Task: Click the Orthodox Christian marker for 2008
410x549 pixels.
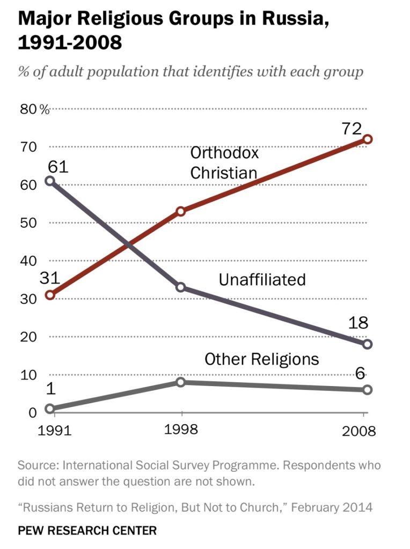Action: click(x=367, y=139)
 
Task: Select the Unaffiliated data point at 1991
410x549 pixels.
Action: click(x=50, y=181)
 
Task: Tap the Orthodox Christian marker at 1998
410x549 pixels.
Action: click(x=181, y=211)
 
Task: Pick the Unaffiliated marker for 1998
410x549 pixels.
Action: click(x=181, y=287)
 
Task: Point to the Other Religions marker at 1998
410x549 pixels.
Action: click(x=181, y=382)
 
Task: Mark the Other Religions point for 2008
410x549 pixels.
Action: click(x=367, y=390)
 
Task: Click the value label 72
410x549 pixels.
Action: click(x=352, y=129)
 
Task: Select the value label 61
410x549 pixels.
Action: click(x=58, y=166)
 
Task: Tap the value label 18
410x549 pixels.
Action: click(x=358, y=322)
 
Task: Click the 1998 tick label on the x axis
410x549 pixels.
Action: click(x=181, y=429)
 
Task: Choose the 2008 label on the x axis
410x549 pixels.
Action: click(x=359, y=431)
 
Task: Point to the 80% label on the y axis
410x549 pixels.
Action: click(x=35, y=109)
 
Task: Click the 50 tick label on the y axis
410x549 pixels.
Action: click(x=28, y=222)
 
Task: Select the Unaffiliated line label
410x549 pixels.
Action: click(x=262, y=280)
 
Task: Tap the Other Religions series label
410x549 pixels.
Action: click(x=262, y=359)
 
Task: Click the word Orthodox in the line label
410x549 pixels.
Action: click(x=224, y=153)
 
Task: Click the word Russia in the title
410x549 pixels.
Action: click(x=295, y=18)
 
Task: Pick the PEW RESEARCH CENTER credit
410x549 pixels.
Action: click(x=87, y=530)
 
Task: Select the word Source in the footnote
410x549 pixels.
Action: click(x=39, y=465)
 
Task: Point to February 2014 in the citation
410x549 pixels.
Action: click(x=332, y=507)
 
